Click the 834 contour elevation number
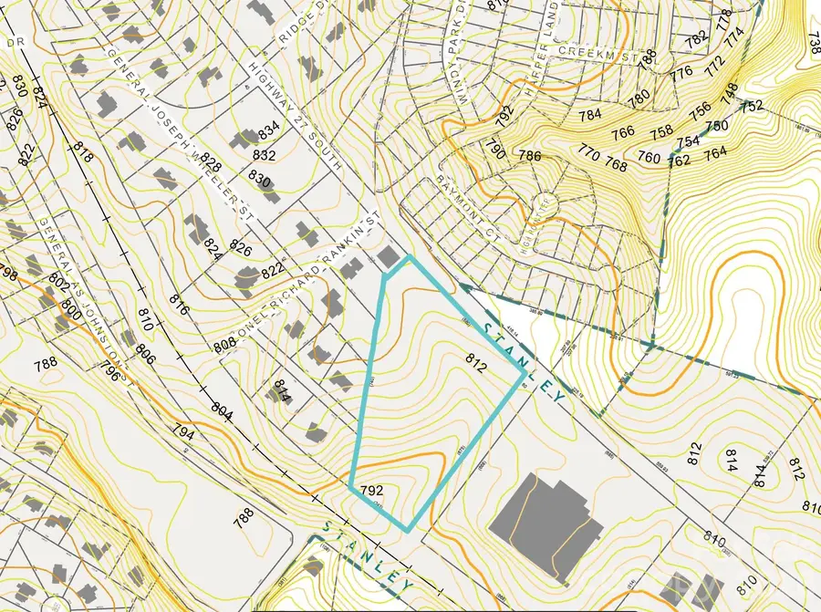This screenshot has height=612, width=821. click(x=269, y=128)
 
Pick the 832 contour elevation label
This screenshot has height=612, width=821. click(x=265, y=154)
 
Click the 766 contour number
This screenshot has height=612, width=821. click(x=622, y=132)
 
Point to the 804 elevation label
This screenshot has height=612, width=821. click(x=223, y=415)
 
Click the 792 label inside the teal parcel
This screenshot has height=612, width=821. click(x=371, y=490)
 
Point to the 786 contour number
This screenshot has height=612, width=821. click(x=530, y=156)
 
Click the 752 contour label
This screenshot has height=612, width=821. click(x=752, y=106)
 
